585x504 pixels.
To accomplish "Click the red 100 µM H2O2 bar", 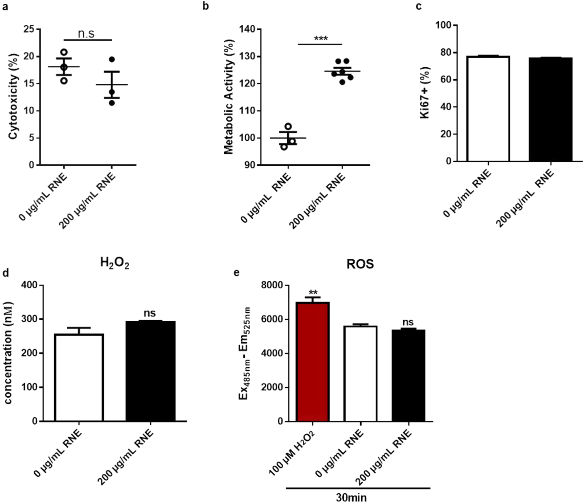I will (313, 362).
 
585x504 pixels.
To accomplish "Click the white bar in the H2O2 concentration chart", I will (79, 378).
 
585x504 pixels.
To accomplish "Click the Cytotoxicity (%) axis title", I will (14, 97).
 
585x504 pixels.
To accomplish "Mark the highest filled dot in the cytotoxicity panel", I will (112, 59).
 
